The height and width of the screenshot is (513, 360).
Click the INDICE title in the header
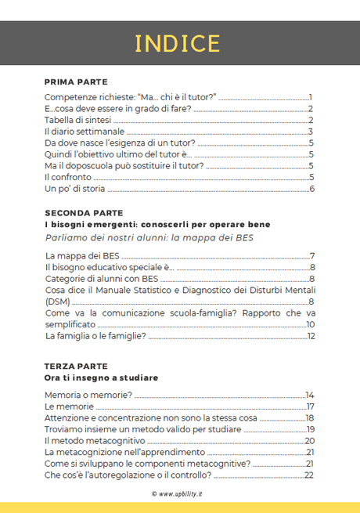(x=178, y=43)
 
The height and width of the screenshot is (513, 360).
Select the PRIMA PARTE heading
(x=75, y=81)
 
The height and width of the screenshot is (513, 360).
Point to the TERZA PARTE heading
(x=76, y=366)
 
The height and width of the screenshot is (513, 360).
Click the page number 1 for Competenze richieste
(x=311, y=96)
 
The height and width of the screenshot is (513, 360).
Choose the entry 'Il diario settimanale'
(x=80, y=132)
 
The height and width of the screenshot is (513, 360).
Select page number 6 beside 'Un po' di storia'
(x=311, y=189)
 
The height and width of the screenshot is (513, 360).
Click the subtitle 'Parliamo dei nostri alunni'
(x=160, y=237)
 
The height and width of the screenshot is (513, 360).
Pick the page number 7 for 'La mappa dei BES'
(x=311, y=256)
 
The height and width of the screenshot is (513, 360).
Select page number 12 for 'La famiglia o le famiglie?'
(x=310, y=336)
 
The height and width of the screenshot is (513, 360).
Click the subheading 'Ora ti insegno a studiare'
(x=101, y=378)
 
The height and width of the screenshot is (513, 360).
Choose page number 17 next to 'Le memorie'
(x=310, y=406)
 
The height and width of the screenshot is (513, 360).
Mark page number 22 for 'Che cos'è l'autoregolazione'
(x=309, y=475)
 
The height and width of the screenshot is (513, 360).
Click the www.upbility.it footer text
(x=179, y=494)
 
